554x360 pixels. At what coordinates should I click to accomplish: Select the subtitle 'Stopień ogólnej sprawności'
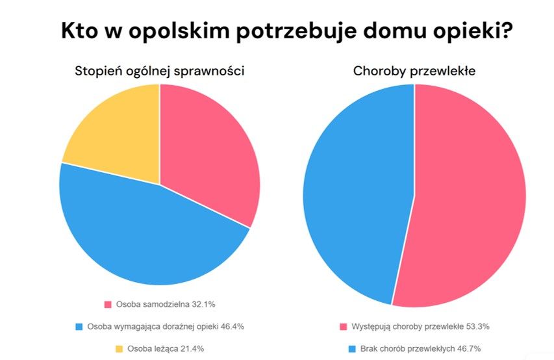pos(160,71)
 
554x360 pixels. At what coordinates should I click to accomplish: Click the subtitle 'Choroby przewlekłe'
pos(414,71)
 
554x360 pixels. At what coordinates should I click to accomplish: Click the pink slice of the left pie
pos(208,156)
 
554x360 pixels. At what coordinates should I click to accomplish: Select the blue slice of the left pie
pos(143,234)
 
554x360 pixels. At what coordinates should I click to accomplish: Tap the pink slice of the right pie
pos(468,195)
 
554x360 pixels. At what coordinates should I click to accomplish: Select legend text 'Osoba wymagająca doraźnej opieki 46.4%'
pos(166,326)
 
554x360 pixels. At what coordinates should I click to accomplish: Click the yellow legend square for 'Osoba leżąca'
pos(119,348)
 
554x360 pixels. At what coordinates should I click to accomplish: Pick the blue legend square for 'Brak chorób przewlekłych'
pos(353,348)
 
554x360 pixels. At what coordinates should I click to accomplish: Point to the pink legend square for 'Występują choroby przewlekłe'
pos(343,326)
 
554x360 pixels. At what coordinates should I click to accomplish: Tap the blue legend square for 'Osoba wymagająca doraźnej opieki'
pos(79,326)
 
